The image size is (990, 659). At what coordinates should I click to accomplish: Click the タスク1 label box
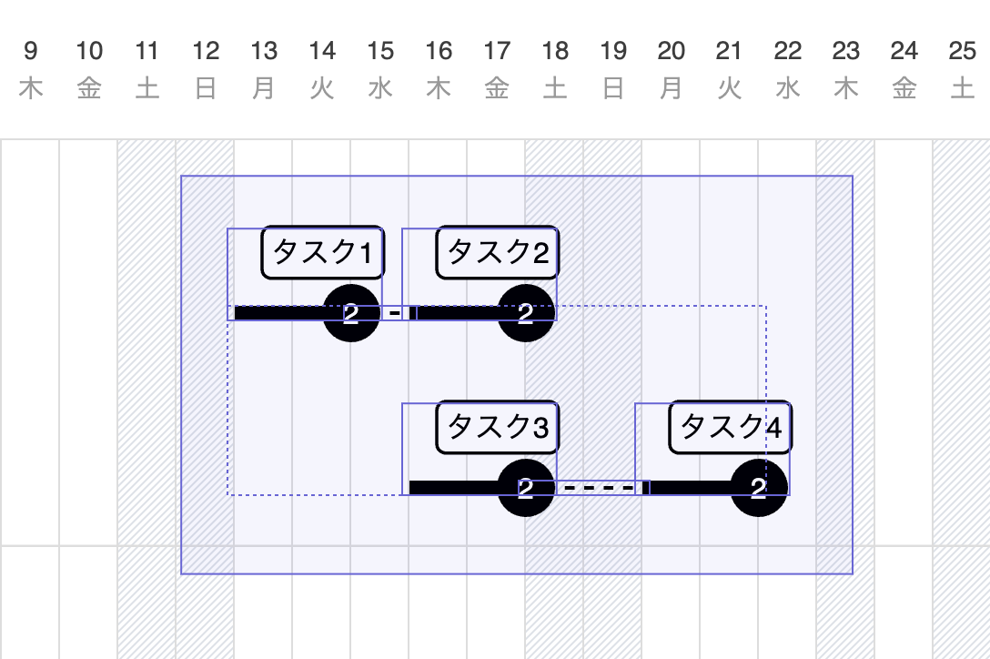click(323, 252)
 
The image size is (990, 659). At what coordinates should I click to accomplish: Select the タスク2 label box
click(498, 252)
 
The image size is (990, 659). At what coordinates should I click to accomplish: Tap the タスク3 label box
click(498, 427)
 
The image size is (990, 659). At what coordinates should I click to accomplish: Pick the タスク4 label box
click(731, 427)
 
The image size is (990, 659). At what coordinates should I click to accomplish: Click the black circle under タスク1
click(351, 313)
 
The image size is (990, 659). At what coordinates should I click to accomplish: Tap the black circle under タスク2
click(526, 313)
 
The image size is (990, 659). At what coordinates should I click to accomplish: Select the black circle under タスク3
click(526, 488)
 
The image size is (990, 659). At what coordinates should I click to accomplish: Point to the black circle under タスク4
click(759, 488)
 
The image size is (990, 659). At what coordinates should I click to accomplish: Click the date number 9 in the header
click(31, 51)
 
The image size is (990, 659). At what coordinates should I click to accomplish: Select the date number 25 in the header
click(962, 51)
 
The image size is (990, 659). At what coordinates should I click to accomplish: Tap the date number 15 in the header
click(380, 51)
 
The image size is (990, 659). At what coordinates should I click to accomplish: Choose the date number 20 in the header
click(672, 51)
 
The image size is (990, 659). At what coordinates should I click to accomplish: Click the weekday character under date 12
click(206, 89)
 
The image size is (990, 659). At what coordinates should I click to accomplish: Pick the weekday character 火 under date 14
click(322, 89)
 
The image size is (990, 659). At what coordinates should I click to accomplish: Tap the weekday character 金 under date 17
click(497, 89)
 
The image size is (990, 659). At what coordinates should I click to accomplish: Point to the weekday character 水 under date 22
click(788, 89)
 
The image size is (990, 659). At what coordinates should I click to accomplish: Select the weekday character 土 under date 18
click(555, 89)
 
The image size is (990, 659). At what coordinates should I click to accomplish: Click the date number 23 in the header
click(846, 51)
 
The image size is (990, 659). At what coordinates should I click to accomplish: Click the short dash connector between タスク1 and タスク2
click(394, 313)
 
